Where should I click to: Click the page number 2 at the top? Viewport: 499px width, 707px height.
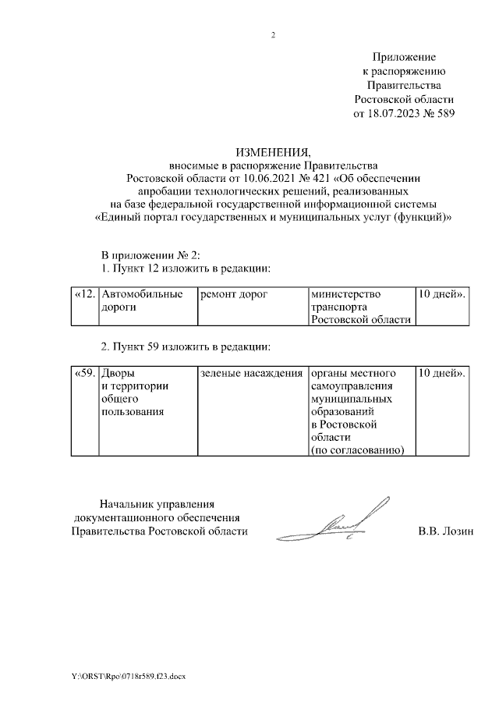[x=273, y=35]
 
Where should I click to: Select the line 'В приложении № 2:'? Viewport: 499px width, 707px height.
[x=152, y=256]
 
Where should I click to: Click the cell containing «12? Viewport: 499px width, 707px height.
[x=84, y=294]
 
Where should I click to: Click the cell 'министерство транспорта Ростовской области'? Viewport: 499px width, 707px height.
[x=359, y=307]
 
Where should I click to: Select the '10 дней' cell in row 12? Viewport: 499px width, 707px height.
[x=442, y=294]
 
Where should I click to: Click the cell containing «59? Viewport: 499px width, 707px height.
[x=84, y=374]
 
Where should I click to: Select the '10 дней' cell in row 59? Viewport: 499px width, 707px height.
[x=442, y=374]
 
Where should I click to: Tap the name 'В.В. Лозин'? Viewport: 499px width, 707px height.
[x=446, y=531]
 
